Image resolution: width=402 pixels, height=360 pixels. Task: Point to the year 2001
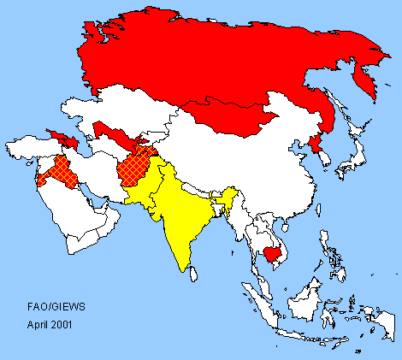click(64, 325)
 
